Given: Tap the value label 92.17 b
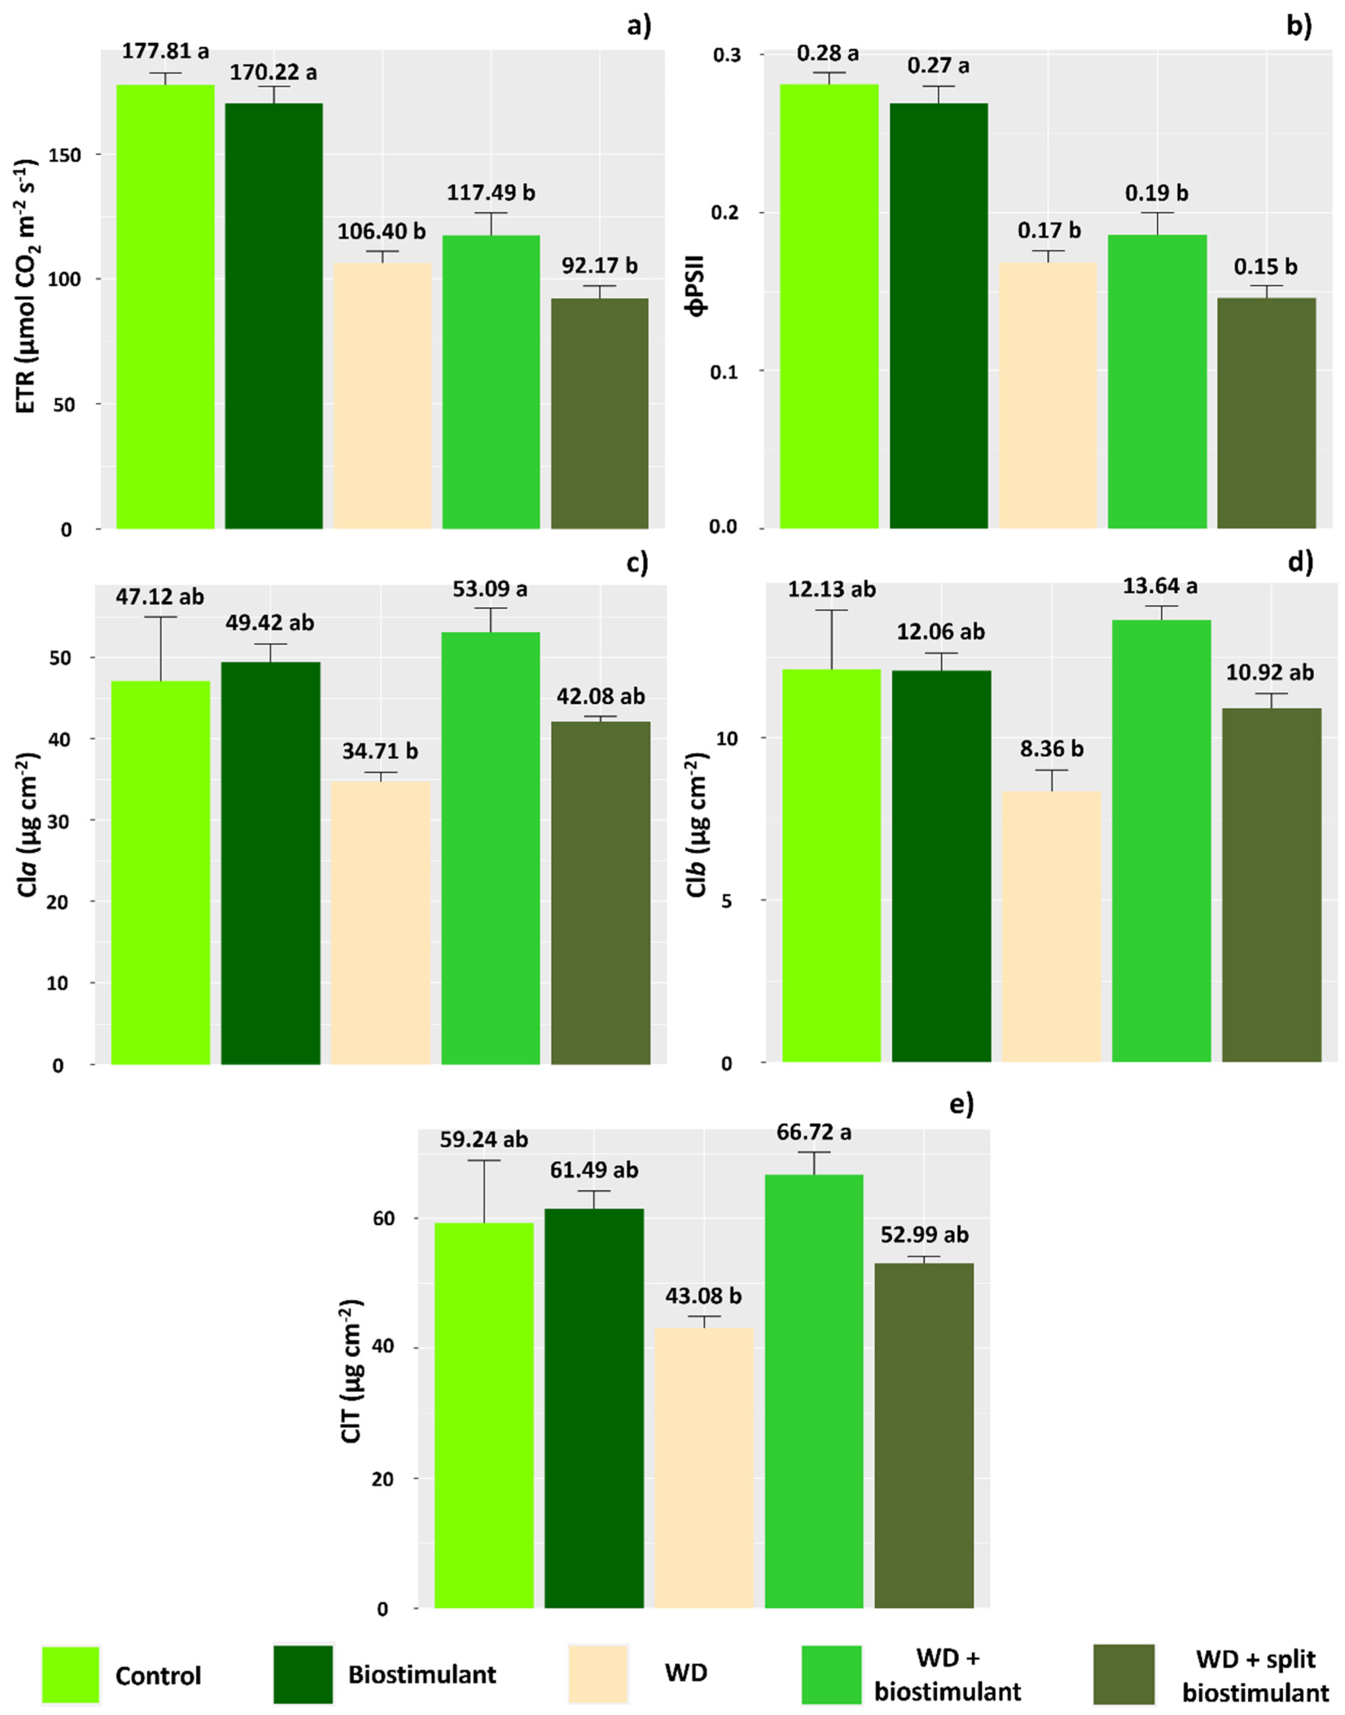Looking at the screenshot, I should (x=599, y=265).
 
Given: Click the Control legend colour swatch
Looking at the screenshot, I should (x=71, y=1674).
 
